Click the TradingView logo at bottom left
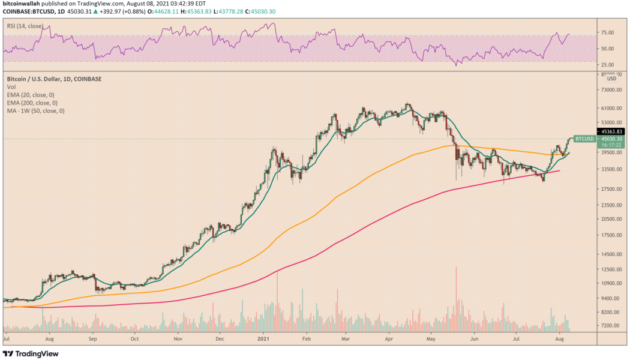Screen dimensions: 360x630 pos(31,354)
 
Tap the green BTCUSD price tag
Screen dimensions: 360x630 pos(584,139)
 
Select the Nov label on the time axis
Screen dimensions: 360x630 pos(178,339)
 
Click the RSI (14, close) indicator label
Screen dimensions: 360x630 pos(26,26)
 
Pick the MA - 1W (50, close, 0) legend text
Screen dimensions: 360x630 pos(35,110)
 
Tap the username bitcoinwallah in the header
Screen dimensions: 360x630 pos(22,3)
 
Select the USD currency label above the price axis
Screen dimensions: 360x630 pos(611,79)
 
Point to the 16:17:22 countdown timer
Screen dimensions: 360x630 pos(584,146)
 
